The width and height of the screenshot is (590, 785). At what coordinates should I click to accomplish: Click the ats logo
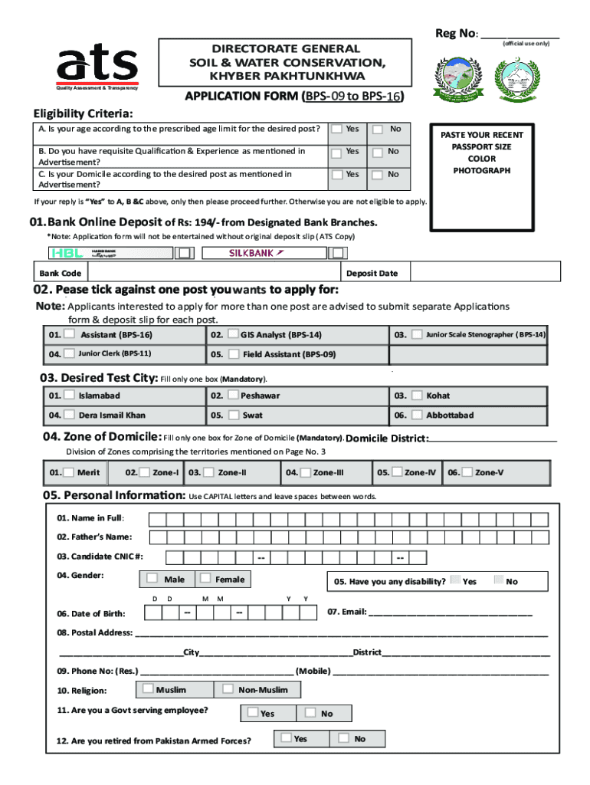[x=96, y=66]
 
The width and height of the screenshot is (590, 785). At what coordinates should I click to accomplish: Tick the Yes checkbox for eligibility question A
[x=336, y=129]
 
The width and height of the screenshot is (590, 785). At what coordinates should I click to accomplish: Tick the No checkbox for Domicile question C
[x=378, y=175]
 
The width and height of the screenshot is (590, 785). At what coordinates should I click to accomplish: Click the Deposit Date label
[x=372, y=274]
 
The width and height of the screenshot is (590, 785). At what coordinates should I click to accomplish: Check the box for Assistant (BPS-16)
[x=70, y=334]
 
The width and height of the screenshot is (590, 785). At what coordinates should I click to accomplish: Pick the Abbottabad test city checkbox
[x=417, y=415]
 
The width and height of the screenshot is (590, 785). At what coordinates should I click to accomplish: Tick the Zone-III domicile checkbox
[x=306, y=472]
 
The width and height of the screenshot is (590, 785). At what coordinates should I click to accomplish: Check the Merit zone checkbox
[x=70, y=472]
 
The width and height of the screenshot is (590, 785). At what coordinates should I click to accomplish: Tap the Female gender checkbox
[x=205, y=578]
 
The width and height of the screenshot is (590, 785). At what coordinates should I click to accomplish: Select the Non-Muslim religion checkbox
[x=228, y=688]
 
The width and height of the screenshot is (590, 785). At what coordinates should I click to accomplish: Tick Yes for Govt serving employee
[x=251, y=712]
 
